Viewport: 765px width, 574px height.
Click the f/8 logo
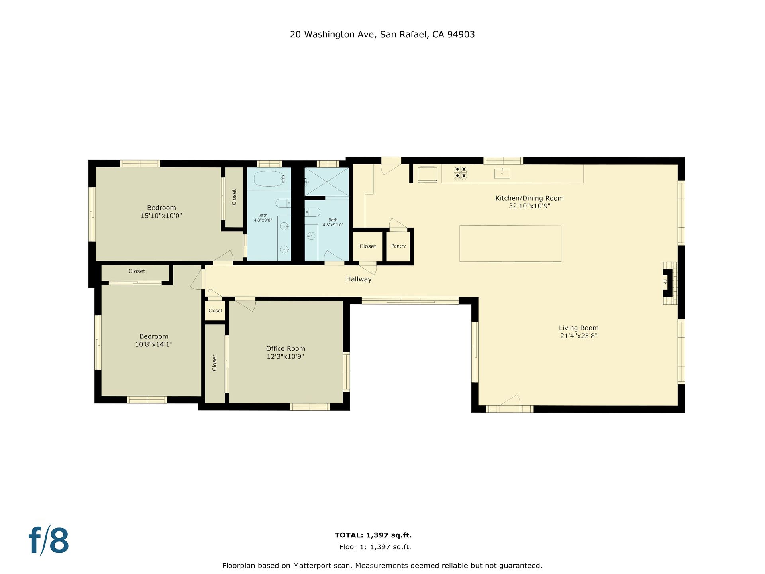point(49,540)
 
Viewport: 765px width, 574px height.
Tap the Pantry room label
point(398,246)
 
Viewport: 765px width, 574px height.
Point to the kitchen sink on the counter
point(502,173)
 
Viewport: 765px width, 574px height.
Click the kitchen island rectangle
point(510,244)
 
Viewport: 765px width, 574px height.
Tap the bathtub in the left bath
point(269,179)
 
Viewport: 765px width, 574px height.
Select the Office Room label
point(286,349)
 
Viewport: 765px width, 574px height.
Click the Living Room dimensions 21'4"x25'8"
point(579,336)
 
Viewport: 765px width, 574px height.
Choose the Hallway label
point(359,279)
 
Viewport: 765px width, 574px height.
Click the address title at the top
point(382,35)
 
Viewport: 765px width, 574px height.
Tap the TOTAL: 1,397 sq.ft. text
point(373,535)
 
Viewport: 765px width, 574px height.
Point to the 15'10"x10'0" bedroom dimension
point(161,216)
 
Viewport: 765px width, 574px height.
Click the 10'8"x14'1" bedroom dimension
point(154,344)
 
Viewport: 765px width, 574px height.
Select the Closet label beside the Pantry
point(368,246)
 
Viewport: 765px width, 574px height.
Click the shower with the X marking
point(327,181)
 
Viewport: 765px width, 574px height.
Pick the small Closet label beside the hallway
point(215,311)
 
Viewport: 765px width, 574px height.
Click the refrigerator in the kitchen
point(428,174)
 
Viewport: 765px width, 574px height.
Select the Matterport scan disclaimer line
point(382,566)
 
